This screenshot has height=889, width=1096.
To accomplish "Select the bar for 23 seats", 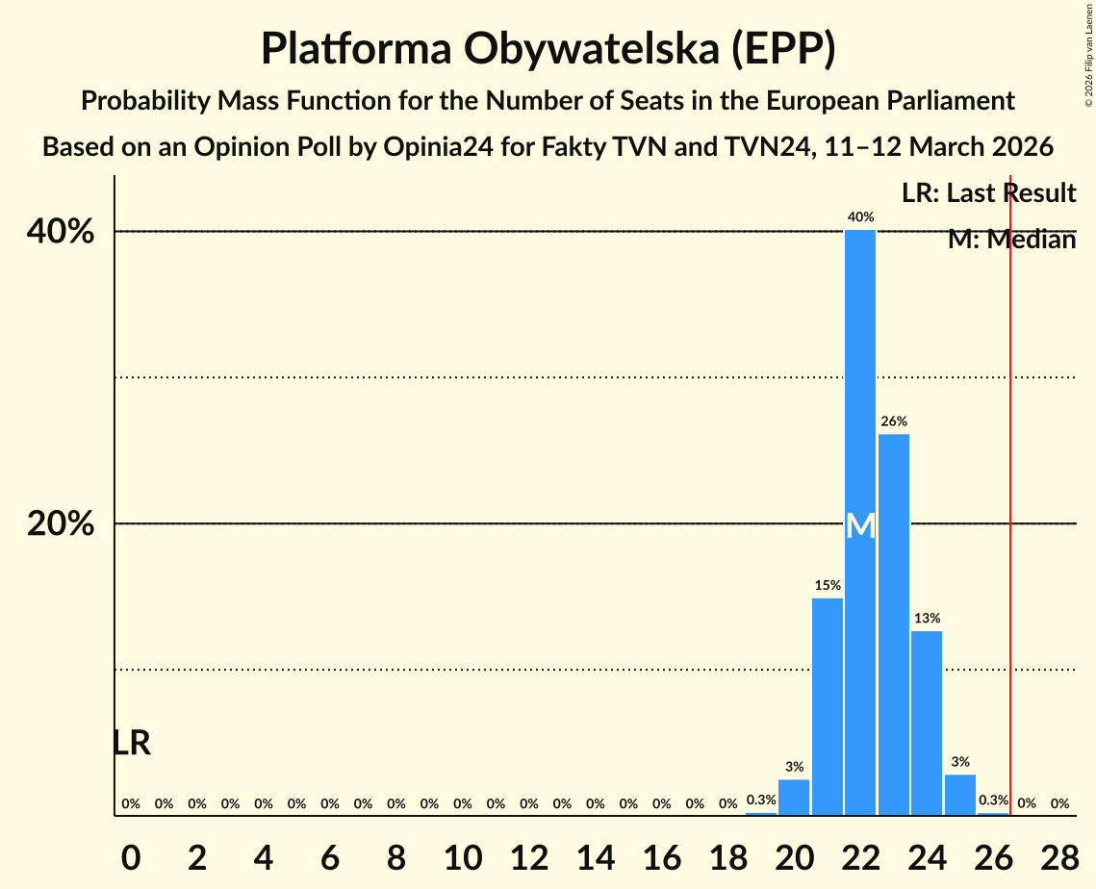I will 894,624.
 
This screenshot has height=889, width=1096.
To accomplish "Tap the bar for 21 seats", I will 828,707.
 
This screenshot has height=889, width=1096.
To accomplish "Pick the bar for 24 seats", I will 927,723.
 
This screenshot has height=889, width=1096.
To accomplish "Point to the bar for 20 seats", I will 794,798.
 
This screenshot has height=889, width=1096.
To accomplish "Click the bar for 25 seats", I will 960,795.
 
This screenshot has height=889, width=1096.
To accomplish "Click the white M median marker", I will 860,525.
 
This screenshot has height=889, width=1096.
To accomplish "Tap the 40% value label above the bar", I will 860,217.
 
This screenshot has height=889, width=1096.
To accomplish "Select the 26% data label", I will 894,421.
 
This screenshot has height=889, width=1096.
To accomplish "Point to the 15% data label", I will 828,585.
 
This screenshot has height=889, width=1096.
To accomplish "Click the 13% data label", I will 927,618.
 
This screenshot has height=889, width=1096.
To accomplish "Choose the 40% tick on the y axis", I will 66,232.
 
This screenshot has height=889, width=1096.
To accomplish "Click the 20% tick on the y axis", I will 66,524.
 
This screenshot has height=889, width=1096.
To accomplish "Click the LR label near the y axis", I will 132,743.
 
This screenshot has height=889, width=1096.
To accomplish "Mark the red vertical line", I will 1010,481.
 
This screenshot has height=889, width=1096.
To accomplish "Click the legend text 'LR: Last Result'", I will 988,193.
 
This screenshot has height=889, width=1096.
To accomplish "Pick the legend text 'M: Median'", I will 1011,240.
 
